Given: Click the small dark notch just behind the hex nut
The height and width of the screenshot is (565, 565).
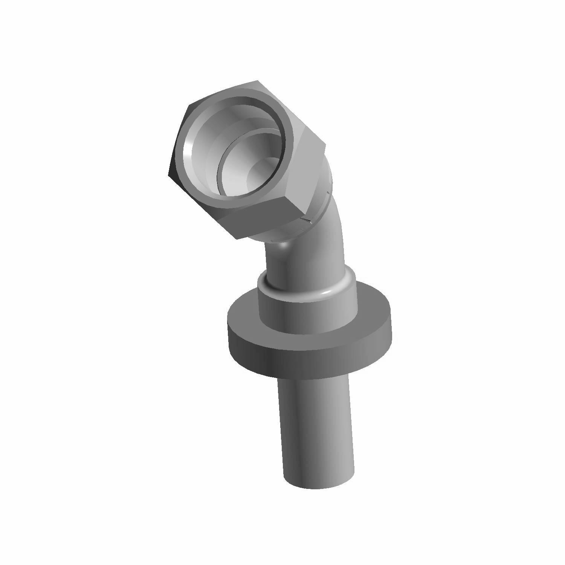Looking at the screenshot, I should coord(306,221).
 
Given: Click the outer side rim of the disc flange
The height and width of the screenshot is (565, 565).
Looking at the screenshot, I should coord(301,358).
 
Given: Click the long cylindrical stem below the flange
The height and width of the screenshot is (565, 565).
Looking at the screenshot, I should coord(316,426).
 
